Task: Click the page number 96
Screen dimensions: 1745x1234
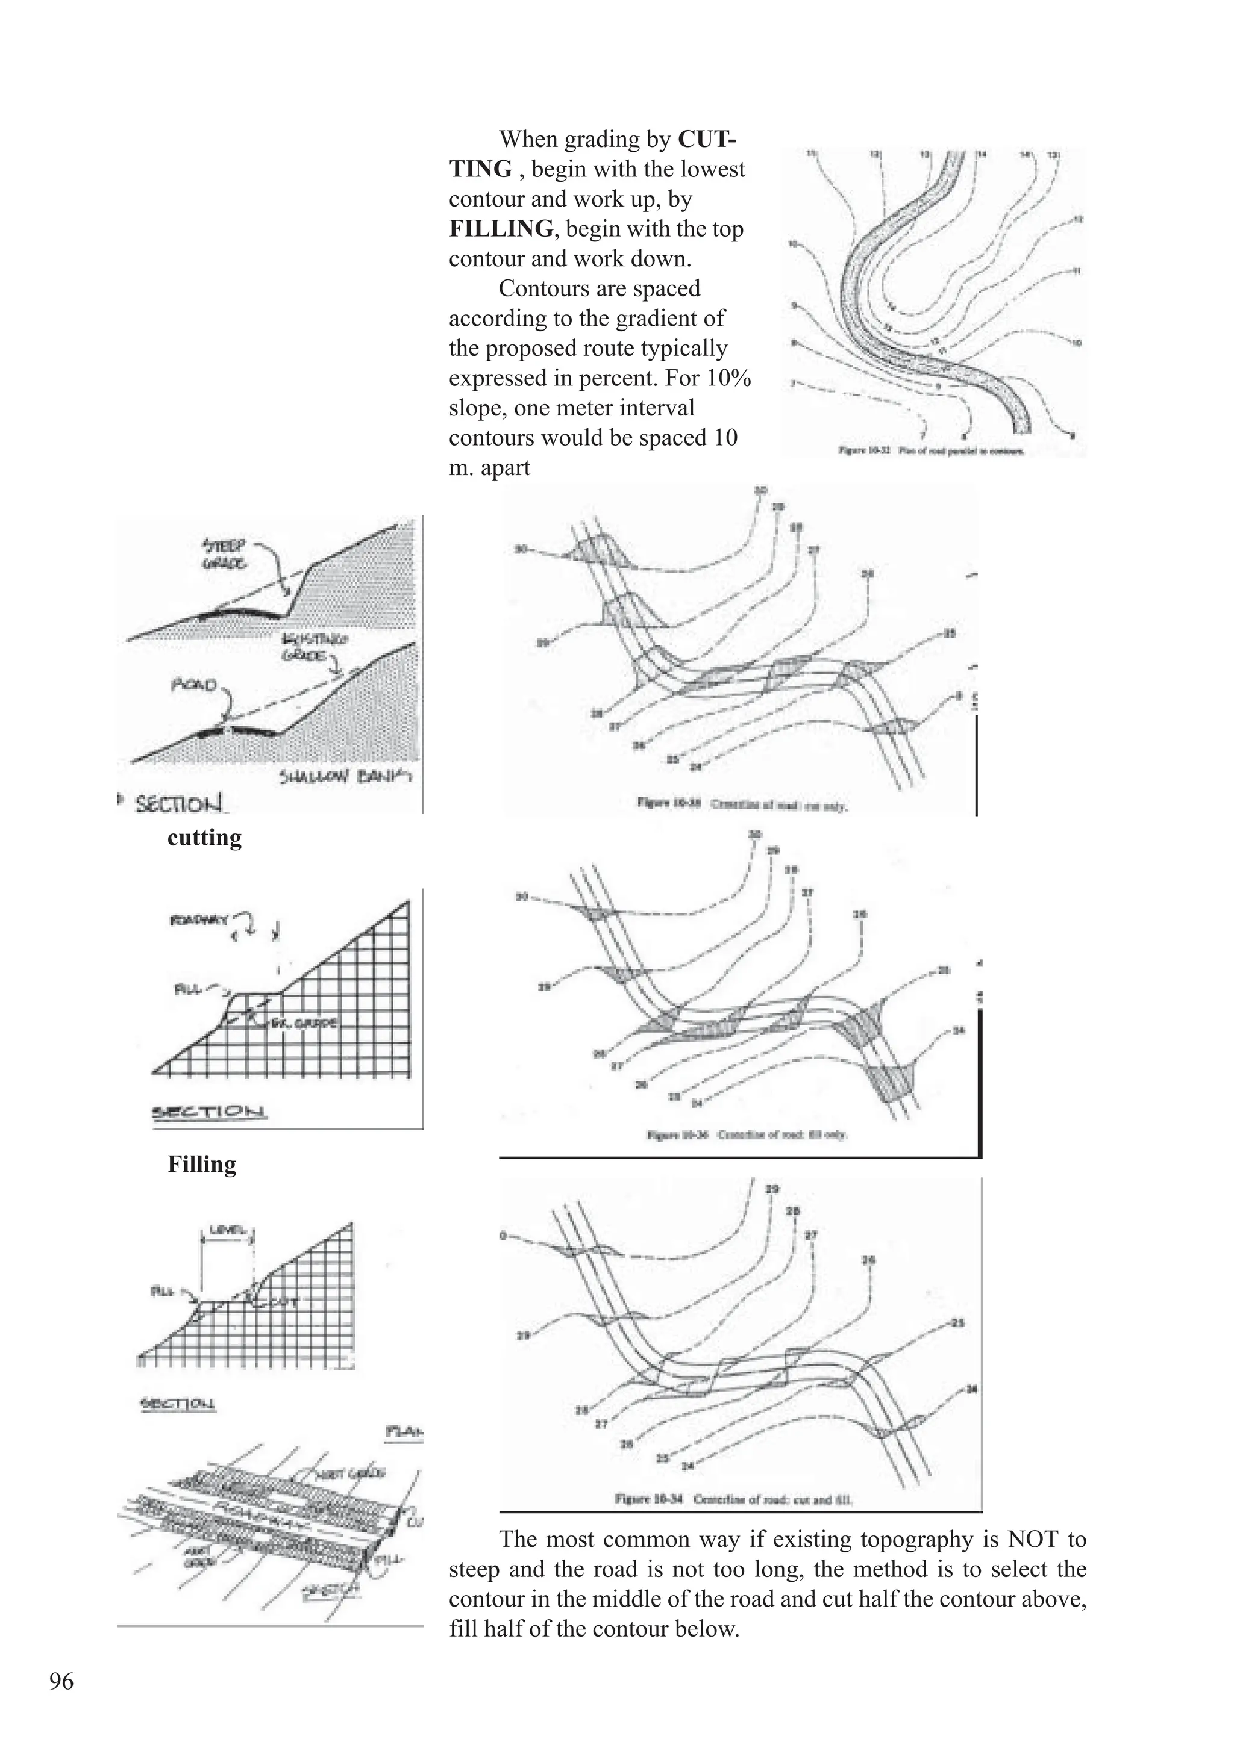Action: (61, 1681)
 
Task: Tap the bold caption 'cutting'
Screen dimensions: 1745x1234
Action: (204, 837)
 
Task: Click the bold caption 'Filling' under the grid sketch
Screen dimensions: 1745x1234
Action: (201, 1163)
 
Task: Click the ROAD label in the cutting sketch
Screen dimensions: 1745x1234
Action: (194, 685)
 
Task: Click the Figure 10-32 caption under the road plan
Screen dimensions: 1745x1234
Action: (931, 450)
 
